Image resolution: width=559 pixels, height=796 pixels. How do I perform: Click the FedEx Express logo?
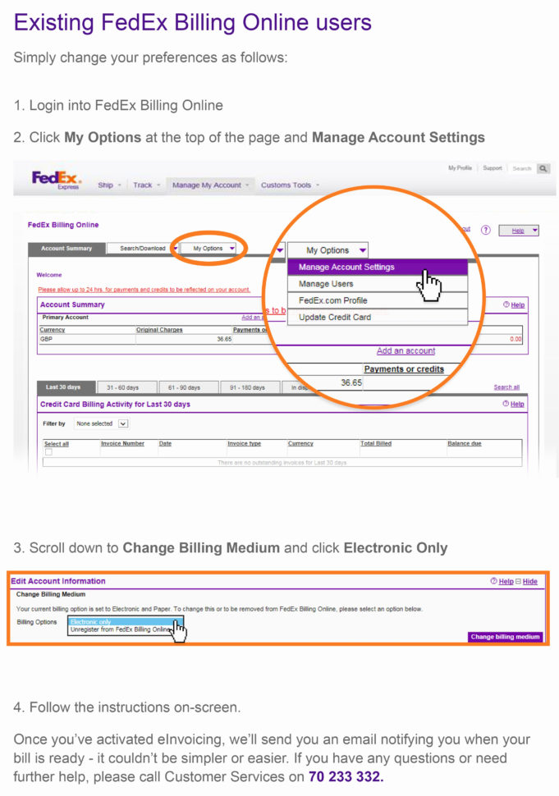(x=57, y=179)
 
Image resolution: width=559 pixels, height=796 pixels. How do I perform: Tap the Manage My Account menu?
(x=207, y=185)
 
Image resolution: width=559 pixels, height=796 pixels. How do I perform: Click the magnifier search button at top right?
(x=543, y=169)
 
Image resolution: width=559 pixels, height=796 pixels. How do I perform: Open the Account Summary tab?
(x=66, y=249)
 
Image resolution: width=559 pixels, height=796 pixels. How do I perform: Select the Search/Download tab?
(x=142, y=249)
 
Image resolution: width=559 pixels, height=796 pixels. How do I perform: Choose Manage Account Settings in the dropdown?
(x=377, y=268)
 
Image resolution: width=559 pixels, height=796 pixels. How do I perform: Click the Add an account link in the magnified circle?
(x=406, y=351)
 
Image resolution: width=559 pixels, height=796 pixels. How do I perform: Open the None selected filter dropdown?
(x=102, y=424)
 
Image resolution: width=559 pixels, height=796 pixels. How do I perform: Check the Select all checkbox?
(x=48, y=452)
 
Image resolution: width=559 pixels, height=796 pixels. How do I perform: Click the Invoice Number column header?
(x=122, y=444)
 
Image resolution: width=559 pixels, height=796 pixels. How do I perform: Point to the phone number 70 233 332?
(x=346, y=776)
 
